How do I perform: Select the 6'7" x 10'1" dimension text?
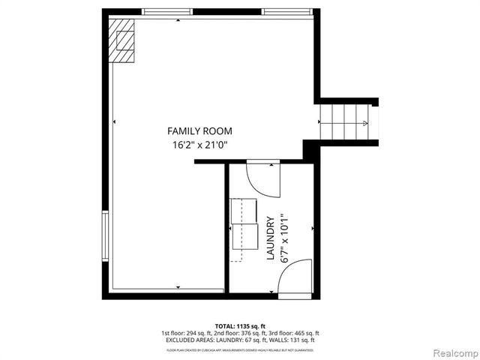[284, 238]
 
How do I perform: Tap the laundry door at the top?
[262, 178]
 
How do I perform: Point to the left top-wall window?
[166, 11]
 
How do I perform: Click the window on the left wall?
[106, 235]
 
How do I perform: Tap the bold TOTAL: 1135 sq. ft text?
[240, 326]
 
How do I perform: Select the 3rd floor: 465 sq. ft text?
[294, 333]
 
